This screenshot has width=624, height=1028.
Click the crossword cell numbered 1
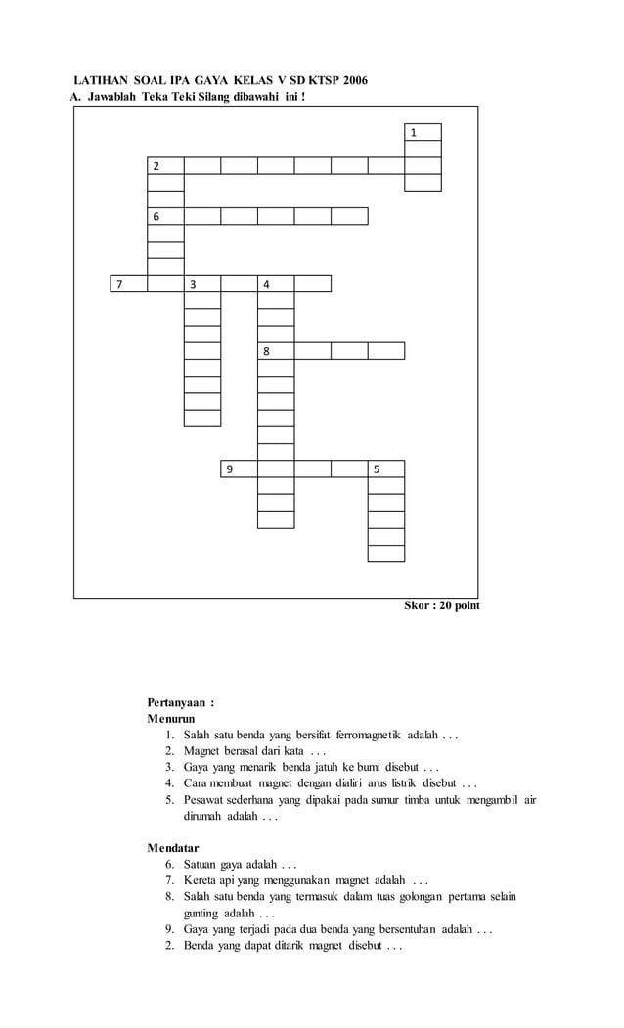423,132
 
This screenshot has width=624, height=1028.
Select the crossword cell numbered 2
165,165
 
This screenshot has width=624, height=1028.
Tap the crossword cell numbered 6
165,216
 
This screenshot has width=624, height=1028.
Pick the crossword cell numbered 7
128,284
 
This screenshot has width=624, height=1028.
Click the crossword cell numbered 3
202,284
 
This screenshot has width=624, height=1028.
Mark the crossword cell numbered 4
276,284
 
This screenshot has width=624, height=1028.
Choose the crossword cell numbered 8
276,350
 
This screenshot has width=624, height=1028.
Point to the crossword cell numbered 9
239,469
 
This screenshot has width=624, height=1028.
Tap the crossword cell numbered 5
386,469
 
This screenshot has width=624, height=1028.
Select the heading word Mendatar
173,847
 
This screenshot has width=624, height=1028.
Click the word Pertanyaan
176,702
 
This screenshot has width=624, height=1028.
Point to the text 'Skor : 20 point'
442,606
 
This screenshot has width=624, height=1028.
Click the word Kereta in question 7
201,880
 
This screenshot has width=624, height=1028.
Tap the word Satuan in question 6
201,864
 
